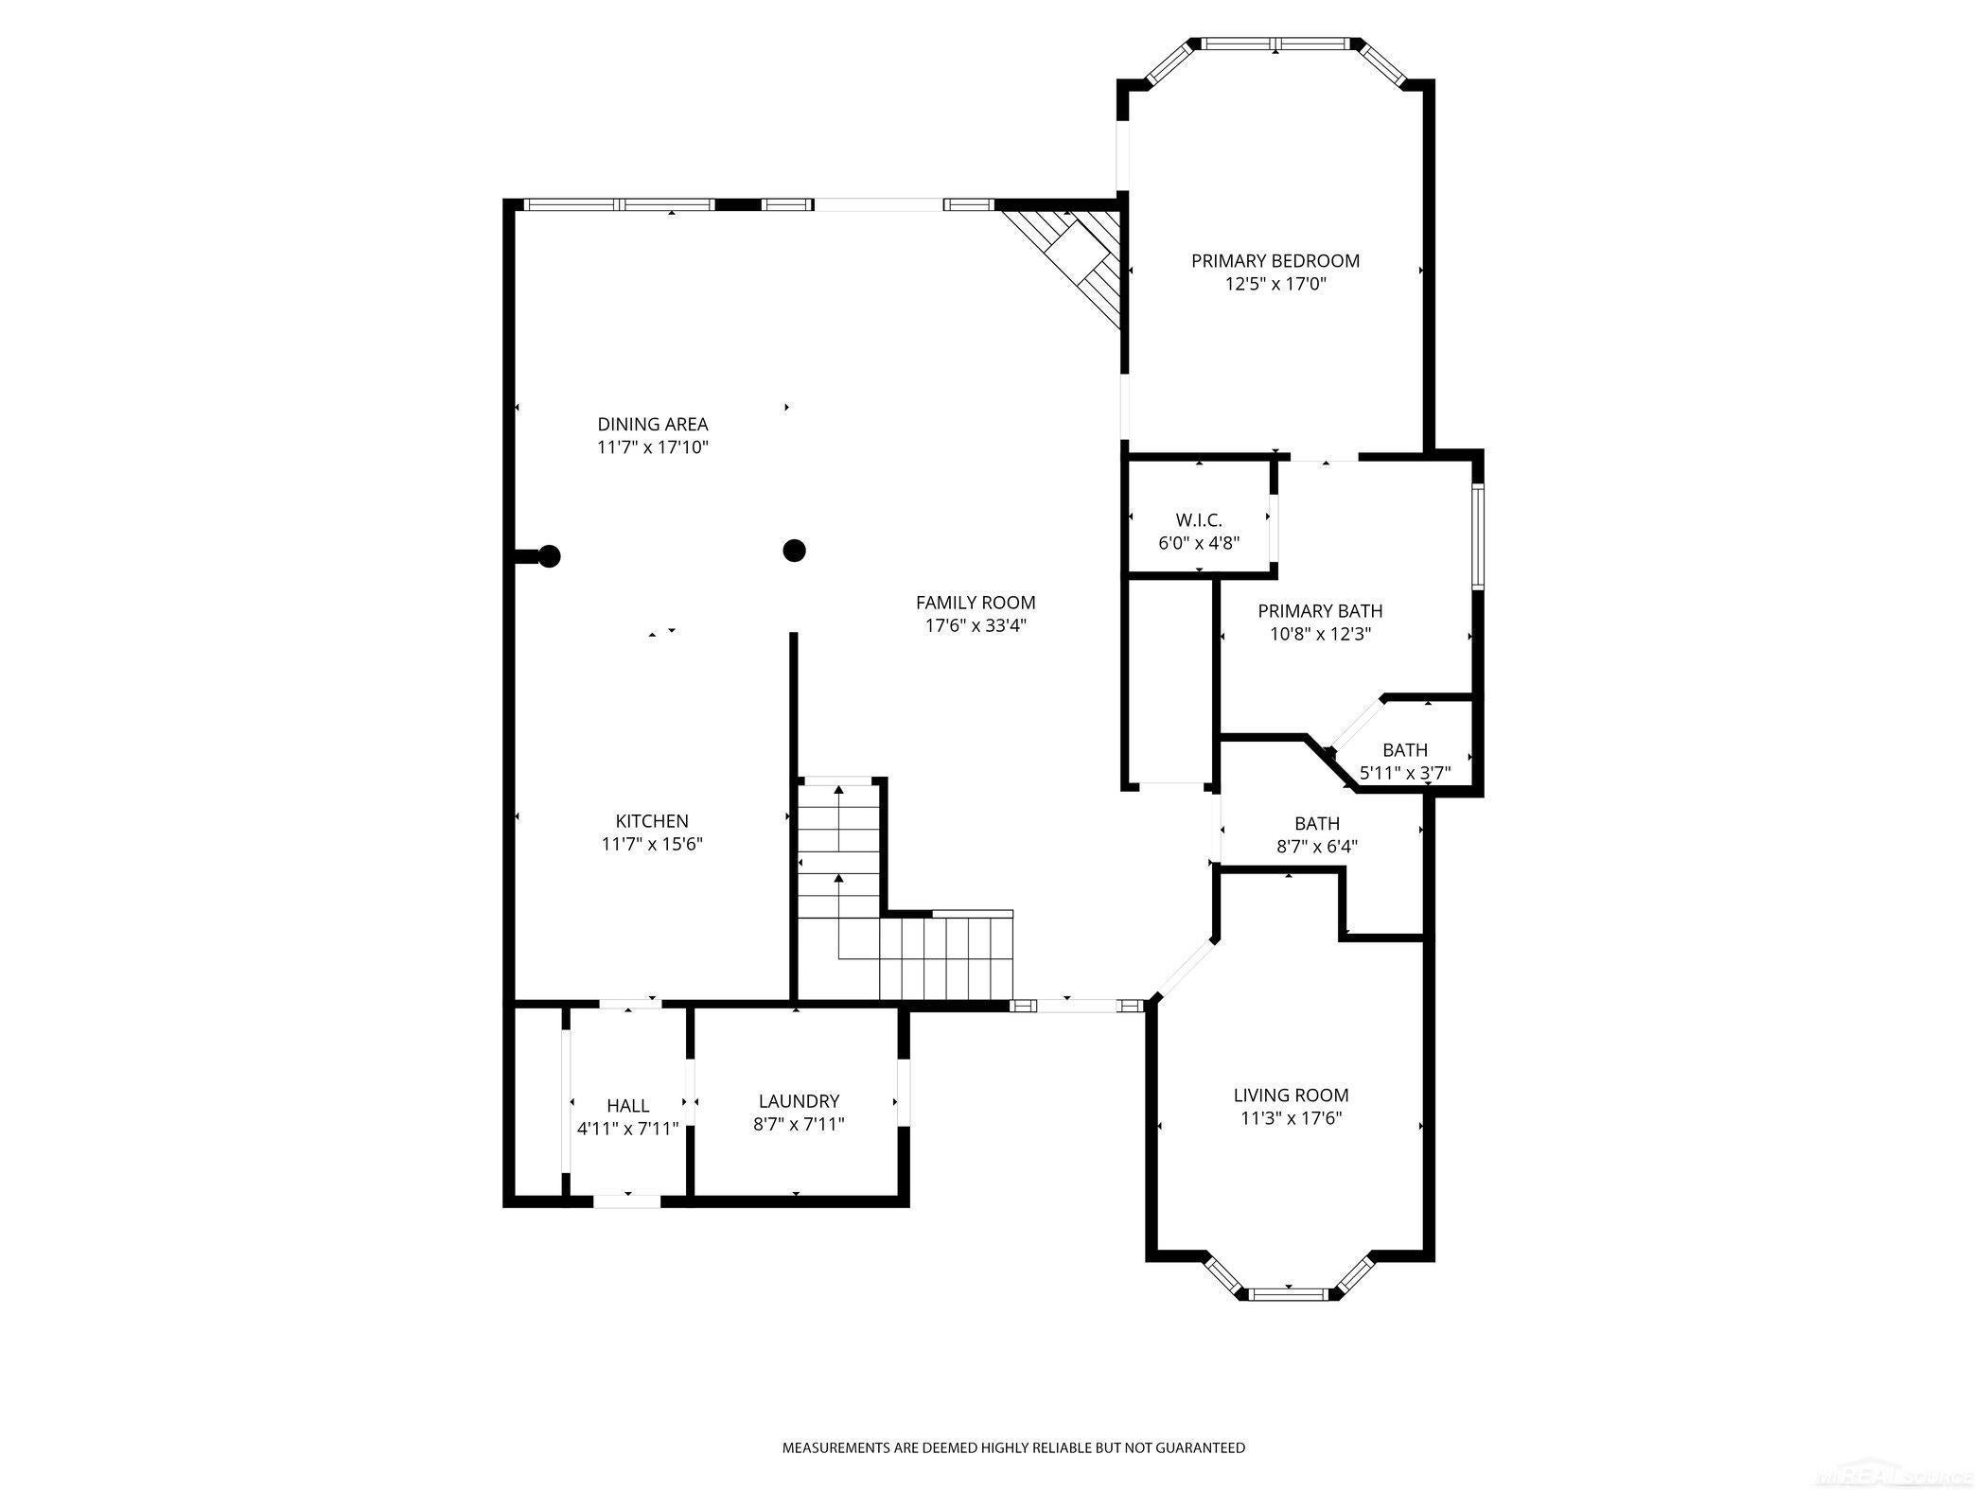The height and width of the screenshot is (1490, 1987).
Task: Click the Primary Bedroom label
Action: pos(1275,260)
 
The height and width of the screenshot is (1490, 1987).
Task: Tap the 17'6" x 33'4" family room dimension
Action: pos(975,625)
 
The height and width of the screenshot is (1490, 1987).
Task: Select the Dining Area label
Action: pos(652,424)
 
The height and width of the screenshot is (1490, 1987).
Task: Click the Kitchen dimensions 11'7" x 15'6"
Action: pos(652,844)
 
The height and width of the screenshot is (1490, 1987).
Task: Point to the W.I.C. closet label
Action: pos(1198,520)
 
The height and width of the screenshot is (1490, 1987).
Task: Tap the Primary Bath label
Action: pos(1319,611)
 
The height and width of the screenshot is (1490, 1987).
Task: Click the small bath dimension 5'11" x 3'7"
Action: pos(1404,773)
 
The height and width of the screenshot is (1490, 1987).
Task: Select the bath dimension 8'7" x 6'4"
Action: pos(1316,847)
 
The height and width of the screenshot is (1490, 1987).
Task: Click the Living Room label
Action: pos(1291,1095)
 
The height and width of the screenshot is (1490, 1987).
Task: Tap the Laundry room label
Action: pos(799,1101)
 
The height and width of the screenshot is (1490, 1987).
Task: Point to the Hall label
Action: pos(627,1105)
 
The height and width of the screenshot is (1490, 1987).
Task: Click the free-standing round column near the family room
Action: pos(794,550)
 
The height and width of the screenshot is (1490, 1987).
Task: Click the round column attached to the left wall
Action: pos(548,556)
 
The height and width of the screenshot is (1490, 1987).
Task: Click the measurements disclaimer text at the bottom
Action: pos(1012,1447)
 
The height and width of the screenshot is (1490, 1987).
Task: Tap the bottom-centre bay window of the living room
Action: pos(1288,1292)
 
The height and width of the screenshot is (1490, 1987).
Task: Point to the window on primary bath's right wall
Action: pos(1477,536)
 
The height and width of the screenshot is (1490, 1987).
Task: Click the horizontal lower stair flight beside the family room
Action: pos(946,955)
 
